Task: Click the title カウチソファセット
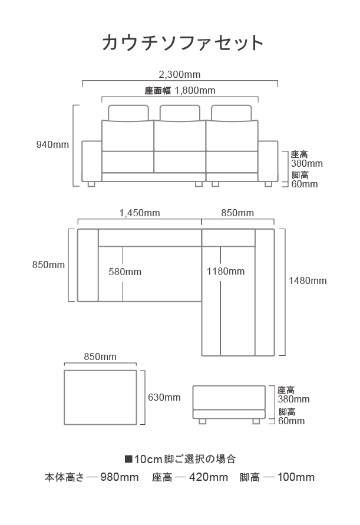[x=183, y=43]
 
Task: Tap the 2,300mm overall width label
[x=180, y=74]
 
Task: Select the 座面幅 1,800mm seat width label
[x=180, y=90]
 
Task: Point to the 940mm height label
[x=52, y=144]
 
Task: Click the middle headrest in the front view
[x=180, y=113]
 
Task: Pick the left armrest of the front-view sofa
[x=92, y=161]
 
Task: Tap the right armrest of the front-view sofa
[x=268, y=161]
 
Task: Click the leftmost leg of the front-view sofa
[x=91, y=184]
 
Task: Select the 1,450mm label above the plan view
[x=140, y=213]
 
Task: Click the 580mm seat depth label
[x=125, y=272]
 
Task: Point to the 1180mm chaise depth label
[x=226, y=271]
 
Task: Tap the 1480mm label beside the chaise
[x=308, y=280]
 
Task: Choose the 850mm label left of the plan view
[x=48, y=265]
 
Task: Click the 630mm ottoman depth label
[x=164, y=398]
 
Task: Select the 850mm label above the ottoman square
[x=100, y=356]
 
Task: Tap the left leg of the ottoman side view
[x=202, y=421]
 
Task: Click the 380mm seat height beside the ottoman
[x=293, y=399]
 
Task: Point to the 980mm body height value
[x=120, y=477]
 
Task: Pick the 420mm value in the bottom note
[x=209, y=477]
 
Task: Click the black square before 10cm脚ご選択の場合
[x=128, y=458]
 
